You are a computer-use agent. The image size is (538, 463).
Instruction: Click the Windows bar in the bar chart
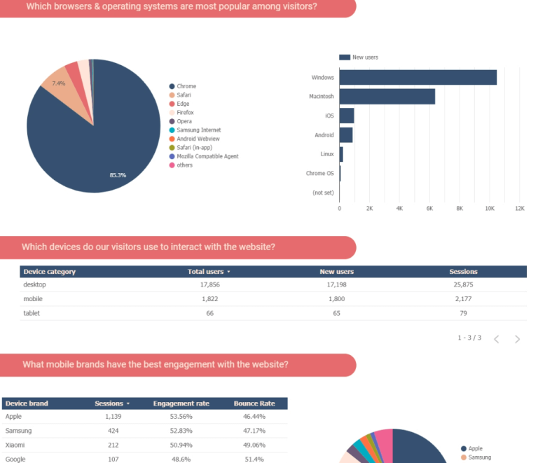[x=418, y=78]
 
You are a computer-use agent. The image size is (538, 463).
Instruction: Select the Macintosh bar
[x=387, y=97]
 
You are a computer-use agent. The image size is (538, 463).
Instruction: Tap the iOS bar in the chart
[x=347, y=116]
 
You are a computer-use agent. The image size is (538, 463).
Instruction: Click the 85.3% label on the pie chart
[x=118, y=175]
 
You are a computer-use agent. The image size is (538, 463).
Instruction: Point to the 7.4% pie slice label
[x=59, y=83]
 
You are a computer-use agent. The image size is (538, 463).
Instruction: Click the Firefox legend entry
[x=185, y=113]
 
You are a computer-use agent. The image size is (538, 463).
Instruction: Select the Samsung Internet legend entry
[x=198, y=130]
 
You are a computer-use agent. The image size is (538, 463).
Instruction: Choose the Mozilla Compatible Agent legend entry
[x=207, y=156]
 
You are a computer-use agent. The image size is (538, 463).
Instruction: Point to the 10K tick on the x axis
[x=490, y=209]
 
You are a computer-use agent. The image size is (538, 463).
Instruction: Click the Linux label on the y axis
[x=326, y=154]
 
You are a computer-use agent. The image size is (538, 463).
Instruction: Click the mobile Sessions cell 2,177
[x=463, y=299]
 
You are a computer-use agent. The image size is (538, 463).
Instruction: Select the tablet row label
[x=32, y=313]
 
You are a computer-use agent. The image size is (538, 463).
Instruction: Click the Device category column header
[x=50, y=272]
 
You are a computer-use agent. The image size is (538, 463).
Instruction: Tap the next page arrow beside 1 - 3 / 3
[x=517, y=339]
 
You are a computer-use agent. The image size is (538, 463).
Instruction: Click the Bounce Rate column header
[x=254, y=403]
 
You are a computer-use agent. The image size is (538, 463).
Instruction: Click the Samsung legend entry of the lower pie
[x=479, y=457]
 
